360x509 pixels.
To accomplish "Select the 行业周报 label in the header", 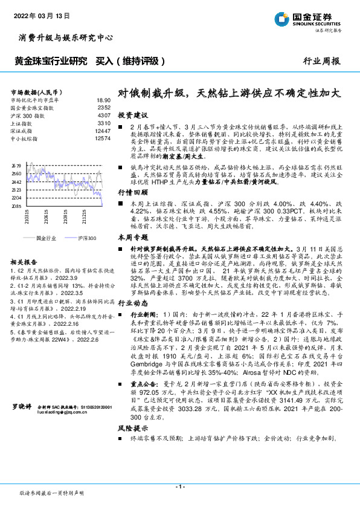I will click(323, 61).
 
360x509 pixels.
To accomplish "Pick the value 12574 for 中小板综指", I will click(103, 138).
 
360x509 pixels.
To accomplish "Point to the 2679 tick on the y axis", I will click(16, 164).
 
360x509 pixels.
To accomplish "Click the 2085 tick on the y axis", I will click(16, 206).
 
